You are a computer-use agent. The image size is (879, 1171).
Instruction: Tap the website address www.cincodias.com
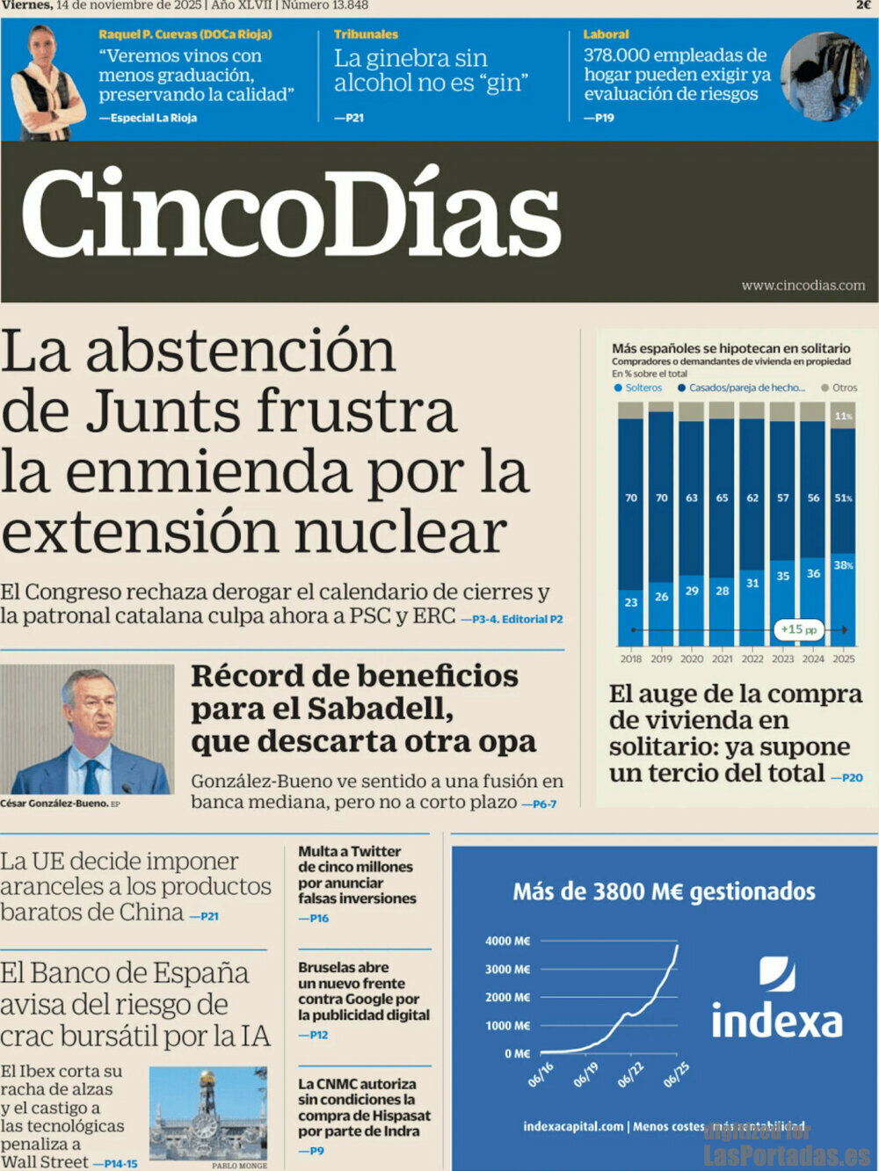point(803,286)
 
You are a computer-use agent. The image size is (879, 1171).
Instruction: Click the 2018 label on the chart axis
point(631,658)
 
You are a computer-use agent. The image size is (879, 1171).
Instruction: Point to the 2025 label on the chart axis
point(844,658)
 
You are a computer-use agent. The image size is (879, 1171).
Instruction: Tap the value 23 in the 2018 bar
point(631,602)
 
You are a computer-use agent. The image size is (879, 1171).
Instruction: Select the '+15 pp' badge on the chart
point(798,629)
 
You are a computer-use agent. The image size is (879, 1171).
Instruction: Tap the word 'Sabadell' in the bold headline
point(380,709)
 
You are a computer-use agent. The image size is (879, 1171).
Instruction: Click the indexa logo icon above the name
point(777,974)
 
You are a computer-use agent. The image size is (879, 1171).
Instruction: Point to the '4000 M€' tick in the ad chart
point(507,941)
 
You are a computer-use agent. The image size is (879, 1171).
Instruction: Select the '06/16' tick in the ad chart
point(541,1074)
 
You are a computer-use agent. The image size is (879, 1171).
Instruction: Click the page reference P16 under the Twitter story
point(314,919)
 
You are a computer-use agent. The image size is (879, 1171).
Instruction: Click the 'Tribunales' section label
point(366,34)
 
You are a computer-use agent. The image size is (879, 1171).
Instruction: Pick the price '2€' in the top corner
point(863,5)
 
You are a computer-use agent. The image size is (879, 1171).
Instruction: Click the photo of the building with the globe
point(208,1113)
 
